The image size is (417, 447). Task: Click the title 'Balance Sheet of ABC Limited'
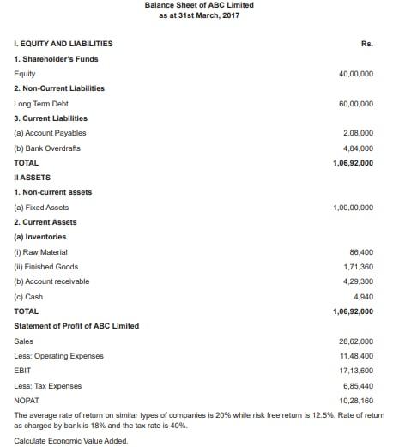(x=198, y=6)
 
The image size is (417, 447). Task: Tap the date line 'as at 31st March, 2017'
(x=198, y=17)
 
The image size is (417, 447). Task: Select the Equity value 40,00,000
(x=356, y=74)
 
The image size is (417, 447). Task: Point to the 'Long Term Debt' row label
(x=41, y=104)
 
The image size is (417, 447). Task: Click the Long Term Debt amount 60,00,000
(x=356, y=104)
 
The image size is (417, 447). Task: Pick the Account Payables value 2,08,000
(x=358, y=133)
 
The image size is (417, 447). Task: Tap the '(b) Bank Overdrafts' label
(x=47, y=148)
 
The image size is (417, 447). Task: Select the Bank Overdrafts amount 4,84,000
(x=358, y=148)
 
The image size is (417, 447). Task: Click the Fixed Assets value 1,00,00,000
(x=353, y=208)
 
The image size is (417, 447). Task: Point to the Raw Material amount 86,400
(x=361, y=252)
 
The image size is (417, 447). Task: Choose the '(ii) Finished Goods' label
(x=46, y=267)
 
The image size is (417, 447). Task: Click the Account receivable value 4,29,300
(x=358, y=281)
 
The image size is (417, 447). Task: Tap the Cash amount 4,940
(x=364, y=297)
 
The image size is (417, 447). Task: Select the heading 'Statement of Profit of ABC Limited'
(x=76, y=326)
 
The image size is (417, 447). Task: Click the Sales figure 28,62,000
(x=356, y=341)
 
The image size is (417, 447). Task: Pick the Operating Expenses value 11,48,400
(x=356, y=356)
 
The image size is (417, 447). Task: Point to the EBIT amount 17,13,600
(x=356, y=371)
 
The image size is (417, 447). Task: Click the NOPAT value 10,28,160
(x=356, y=401)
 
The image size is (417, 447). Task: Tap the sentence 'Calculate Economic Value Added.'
(x=70, y=440)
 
